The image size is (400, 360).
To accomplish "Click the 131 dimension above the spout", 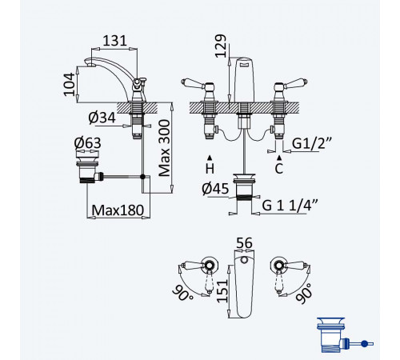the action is point(114,41).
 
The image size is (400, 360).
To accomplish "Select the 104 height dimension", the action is point(70,84).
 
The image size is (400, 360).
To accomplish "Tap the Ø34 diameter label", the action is point(102,118).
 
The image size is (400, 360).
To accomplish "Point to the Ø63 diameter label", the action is point(87,143).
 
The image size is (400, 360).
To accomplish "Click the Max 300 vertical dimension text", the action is point(164,148).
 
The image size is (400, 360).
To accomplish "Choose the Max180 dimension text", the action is point(118,210).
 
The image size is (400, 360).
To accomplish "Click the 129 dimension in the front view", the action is point(221,46).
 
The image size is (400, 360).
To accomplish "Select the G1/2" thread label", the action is point(311,144).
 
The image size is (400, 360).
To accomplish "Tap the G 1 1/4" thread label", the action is point(290,206).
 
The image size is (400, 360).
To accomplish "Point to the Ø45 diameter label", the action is point(215,189).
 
